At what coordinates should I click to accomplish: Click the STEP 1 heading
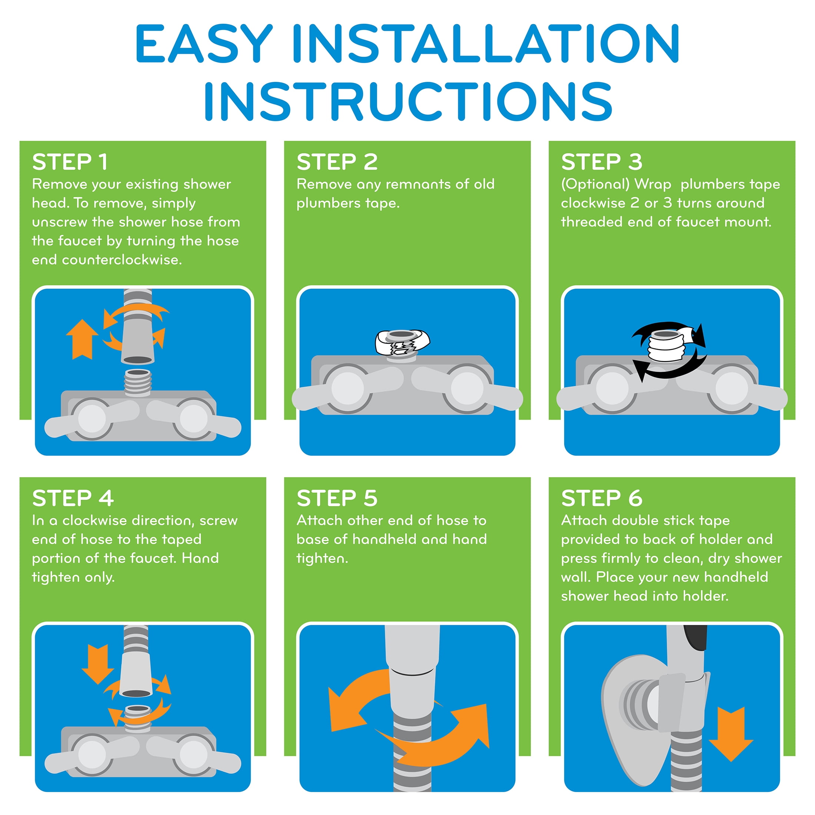(70, 162)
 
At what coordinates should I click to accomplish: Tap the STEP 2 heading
(337, 162)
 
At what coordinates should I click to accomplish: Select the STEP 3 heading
(602, 162)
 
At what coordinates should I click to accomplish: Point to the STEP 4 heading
(73, 498)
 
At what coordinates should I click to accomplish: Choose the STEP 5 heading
(337, 498)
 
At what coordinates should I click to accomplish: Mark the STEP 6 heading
(602, 498)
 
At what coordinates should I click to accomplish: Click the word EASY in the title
(204, 43)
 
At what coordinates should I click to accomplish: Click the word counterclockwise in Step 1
(122, 260)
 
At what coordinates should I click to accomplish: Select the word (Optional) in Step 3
(595, 184)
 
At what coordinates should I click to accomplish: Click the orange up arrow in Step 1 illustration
(82, 339)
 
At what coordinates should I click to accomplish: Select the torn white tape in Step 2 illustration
(402, 342)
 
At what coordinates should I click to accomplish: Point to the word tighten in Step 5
(322, 559)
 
